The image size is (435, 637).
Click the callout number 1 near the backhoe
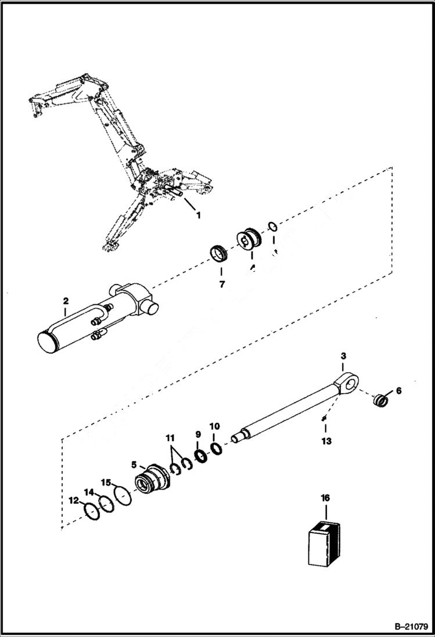[x=198, y=216]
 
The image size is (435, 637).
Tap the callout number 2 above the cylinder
[x=66, y=301]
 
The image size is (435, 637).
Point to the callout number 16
[x=325, y=498]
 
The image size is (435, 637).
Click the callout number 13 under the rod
[x=326, y=441]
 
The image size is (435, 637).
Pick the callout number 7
[x=221, y=285]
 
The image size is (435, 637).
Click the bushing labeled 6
[x=379, y=401]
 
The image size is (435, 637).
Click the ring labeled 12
[x=91, y=512]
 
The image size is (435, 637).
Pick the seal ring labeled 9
[x=202, y=456]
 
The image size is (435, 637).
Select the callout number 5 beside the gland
[x=134, y=465]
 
